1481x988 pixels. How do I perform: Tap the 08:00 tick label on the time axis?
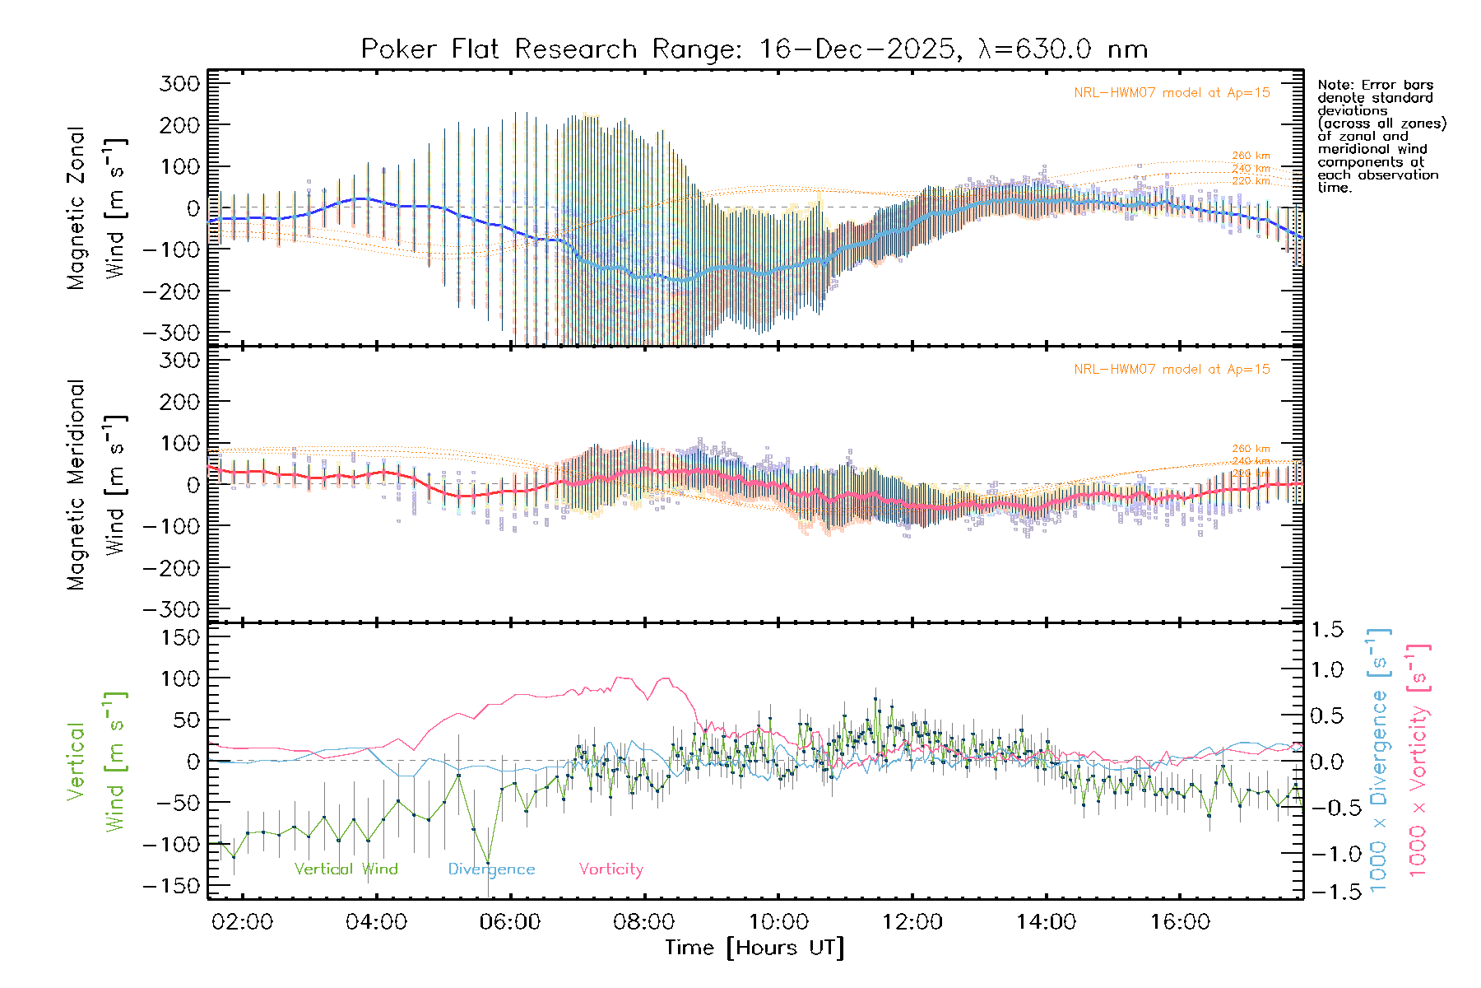tap(644, 922)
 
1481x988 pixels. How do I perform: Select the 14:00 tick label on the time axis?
tap(1046, 922)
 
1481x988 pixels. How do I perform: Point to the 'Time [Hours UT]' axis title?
tap(754, 948)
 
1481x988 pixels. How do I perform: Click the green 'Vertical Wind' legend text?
tap(346, 869)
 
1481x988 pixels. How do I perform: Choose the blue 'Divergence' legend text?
tap(491, 869)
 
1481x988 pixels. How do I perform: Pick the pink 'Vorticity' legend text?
tap(611, 869)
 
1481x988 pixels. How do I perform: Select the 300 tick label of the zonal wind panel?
tap(179, 83)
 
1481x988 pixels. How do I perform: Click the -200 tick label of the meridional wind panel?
tap(172, 568)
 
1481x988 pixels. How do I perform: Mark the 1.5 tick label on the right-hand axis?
tap(1327, 630)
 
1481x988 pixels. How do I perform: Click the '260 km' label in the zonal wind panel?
tap(1251, 156)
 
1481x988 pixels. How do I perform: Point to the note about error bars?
tap(1381, 136)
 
